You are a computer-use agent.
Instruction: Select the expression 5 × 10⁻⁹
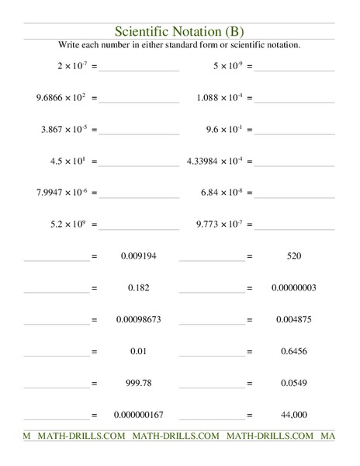pos(229,67)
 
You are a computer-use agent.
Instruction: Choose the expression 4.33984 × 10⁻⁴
pos(215,162)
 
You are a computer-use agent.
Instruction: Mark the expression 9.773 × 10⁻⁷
pos(220,224)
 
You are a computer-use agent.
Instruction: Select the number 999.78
pos(140,382)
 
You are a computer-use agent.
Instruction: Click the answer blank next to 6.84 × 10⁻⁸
pos(295,196)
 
